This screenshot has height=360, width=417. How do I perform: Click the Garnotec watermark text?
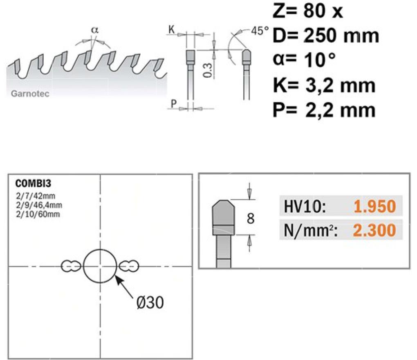point(30,94)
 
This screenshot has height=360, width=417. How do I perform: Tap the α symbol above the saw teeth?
point(95,29)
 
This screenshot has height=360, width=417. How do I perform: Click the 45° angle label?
point(260,31)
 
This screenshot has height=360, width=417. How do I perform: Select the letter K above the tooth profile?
point(172,29)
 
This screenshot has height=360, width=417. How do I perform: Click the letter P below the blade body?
point(173,103)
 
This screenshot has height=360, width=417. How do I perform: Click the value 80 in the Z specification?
point(315,11)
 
